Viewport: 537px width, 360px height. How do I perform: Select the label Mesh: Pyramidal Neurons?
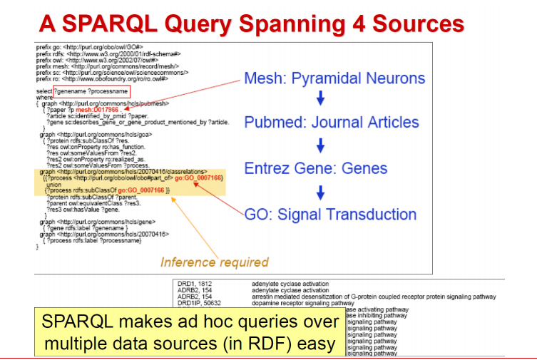click(334, 78)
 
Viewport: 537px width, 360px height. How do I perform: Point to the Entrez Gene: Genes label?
click(316, 169)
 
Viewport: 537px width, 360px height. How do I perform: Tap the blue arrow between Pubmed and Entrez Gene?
click(320, 145)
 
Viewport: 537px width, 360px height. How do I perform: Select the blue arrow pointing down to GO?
click(320, 191)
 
